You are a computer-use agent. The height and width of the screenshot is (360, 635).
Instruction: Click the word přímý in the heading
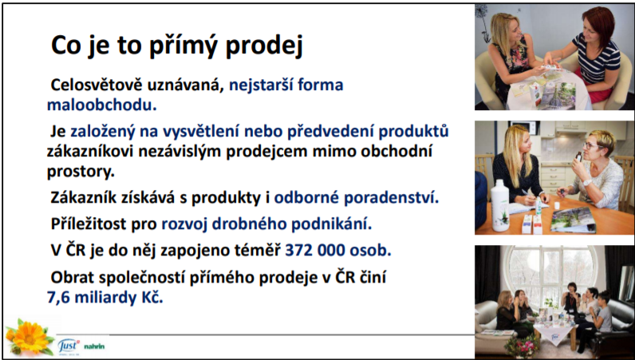point(184,45)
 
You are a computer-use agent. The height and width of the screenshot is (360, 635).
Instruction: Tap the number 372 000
point(314,251)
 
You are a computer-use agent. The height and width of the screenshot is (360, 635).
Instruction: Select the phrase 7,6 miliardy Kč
point(105,298)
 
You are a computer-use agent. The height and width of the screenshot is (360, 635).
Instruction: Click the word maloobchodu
point(101,105)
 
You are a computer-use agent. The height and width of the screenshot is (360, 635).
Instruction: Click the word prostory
point(81,172)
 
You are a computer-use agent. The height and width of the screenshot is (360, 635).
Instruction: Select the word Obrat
point(72,278)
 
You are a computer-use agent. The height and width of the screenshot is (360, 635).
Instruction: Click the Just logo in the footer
point(68,346)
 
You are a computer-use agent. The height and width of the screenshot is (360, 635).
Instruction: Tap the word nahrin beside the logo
point(94,346)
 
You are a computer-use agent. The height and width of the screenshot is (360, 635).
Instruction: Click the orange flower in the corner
point(30,337)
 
